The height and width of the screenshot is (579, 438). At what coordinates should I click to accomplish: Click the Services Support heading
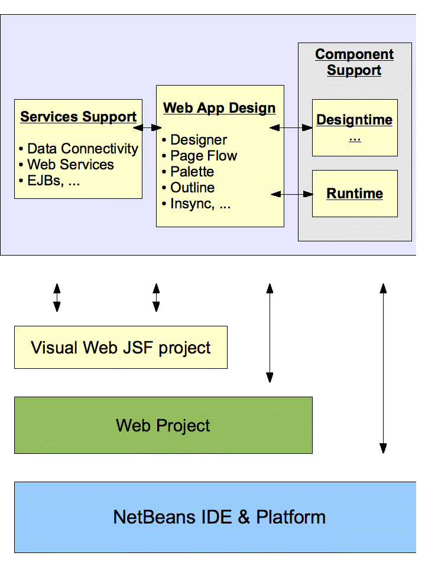pyautogui.click(x=79, y=117)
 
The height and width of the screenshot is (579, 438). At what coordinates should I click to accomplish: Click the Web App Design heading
pyautogui.click(x=219, y=108)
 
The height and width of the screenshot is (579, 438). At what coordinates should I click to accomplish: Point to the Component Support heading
pyautogui.click(x=354, y=62)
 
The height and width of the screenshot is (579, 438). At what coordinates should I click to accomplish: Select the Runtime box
pyautogui.click(x=355, y=194)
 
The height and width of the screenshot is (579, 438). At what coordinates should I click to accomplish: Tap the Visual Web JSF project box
pyautogui.click(x=121, y=348)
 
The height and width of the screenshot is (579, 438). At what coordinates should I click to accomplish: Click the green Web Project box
pyautogui.click(x=163, y=425)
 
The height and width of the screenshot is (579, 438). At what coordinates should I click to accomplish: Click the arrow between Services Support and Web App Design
pyautogui.click(x=148, y=127)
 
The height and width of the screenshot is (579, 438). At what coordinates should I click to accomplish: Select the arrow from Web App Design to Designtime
pyautogui.click(x=291, y=127)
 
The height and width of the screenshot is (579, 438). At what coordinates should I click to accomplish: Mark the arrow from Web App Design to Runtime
pyautogui.click(x=291, y=194)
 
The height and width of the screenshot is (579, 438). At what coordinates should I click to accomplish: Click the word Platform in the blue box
pyautogui.click(x=291, y=517)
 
